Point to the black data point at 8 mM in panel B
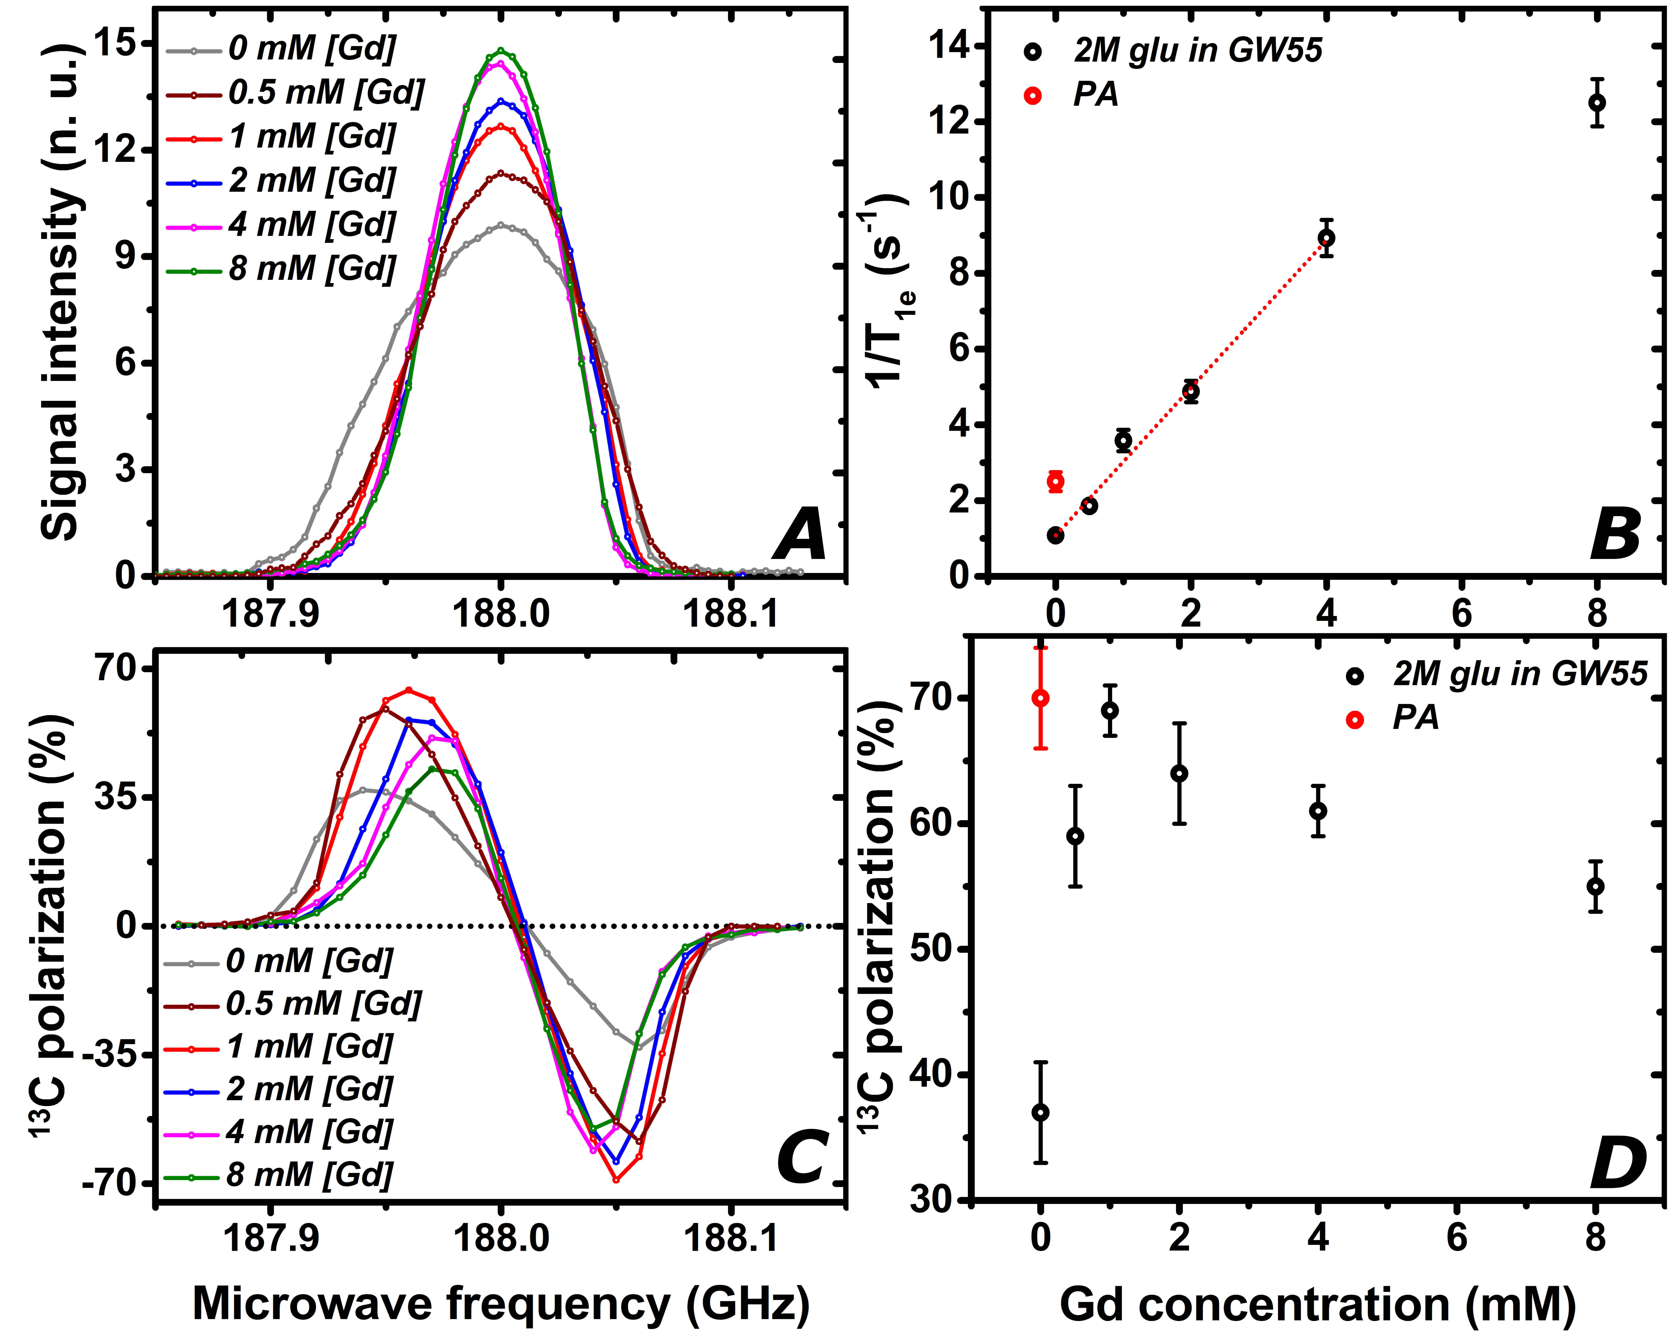pyautogui.click(x=1596, y=102)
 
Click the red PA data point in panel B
pyautogui.click(x=1055, y=481)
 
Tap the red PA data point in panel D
pyautogui.click(x=1041, y=698)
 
